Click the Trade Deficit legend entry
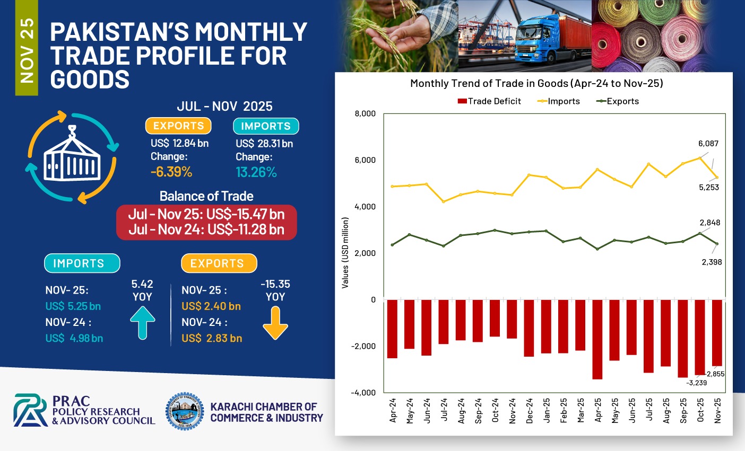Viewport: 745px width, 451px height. (489, 101)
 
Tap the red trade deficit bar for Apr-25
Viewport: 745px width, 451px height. (597, 339)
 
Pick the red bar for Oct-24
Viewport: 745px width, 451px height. (495, 318)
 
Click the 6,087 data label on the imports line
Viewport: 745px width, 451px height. (708, 144)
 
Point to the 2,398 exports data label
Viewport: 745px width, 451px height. (712, 262)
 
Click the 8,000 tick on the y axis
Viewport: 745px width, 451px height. (365, 113)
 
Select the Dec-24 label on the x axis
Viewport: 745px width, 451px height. (530, 410)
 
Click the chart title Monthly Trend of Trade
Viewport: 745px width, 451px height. (536, 83)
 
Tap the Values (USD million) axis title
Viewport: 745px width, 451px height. (345, 253)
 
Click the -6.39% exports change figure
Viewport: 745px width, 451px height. (171, 172)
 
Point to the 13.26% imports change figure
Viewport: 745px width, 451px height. (256, 172)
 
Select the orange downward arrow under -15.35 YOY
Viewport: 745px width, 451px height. (275, 323)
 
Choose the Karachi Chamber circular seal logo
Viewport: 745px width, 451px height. (185, 411)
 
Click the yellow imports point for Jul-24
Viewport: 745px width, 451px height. (444, 201)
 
